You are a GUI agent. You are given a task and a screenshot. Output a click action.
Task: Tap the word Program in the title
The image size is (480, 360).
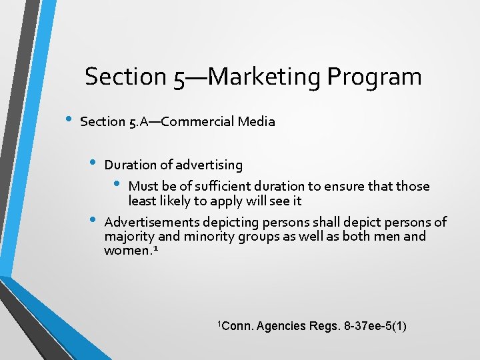(375, 77)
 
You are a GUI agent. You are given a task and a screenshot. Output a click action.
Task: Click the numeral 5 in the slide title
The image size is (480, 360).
(179, 77)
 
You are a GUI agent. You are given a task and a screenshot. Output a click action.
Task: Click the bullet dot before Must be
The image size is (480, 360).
(116, 184)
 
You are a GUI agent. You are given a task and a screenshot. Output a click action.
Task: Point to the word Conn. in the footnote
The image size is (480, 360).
(237, 326)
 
